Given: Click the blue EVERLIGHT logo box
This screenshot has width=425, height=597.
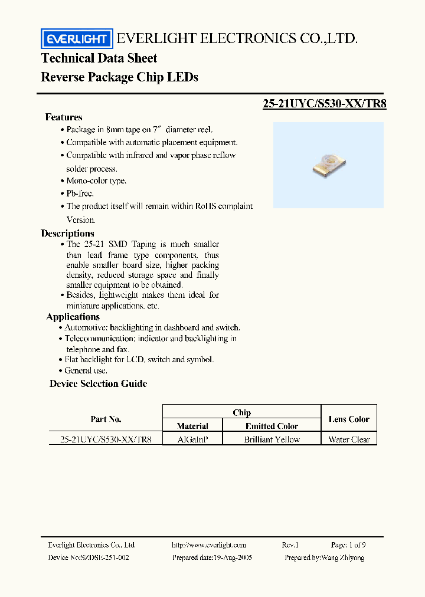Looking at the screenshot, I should [x=76, y=40].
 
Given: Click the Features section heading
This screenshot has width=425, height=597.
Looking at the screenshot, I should [x=64, y=117].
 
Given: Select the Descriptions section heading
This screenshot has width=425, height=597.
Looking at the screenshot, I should [x=68, y=234].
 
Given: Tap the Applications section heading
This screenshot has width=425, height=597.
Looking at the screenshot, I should [x=73, y=317].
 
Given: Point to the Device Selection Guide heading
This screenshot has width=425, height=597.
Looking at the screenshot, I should [x=98, y=384].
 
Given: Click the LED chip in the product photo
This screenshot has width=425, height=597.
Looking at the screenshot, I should [x=327, y=165].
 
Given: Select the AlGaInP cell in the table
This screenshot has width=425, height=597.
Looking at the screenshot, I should [x=192, y=439].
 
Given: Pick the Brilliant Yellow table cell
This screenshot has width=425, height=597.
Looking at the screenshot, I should [x=272, y=439].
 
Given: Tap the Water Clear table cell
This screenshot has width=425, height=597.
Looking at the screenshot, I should [x=349, y=439].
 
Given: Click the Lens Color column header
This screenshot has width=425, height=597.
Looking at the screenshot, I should [x=349, y=419].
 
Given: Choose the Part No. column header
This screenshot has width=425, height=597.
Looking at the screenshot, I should [x=106, y=419].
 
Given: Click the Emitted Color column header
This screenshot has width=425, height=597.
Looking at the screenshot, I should [x=272, y=426].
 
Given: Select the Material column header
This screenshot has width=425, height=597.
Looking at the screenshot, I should [x=192, y=426].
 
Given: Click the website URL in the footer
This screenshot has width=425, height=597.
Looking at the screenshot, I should [x=208, y=545].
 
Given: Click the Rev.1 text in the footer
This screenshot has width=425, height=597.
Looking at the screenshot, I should [x=290, y=545].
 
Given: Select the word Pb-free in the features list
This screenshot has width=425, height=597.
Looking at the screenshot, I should [x=80, y=193].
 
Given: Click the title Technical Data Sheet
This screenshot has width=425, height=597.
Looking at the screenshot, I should [x=99, y=58].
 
